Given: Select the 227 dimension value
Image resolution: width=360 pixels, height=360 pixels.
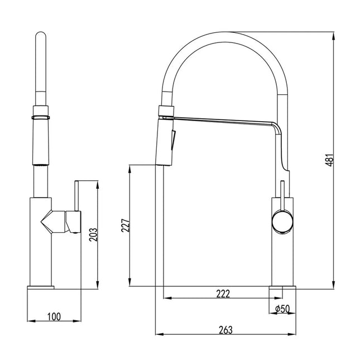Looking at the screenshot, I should tap(126, 224).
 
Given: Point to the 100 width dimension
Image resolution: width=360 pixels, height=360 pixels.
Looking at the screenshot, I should tap(54, 317).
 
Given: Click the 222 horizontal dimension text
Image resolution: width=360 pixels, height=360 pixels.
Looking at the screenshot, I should tap(223, 294).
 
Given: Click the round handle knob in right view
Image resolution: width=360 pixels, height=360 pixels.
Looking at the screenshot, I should tap(281, 222).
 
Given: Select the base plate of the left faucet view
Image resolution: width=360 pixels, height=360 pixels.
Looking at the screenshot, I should tap(41, 287).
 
